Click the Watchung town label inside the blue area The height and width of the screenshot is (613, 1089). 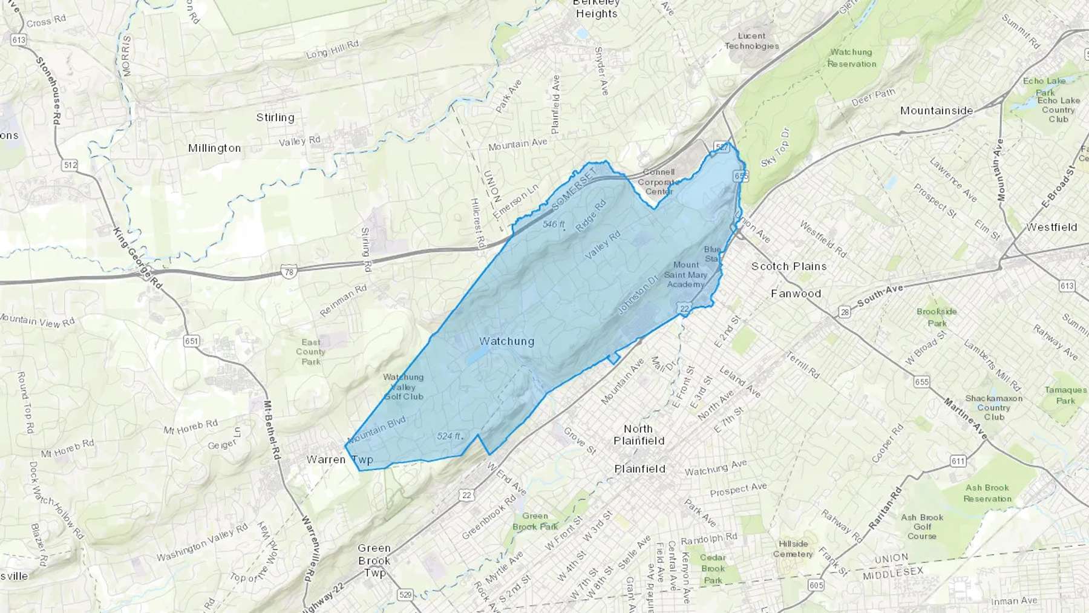tap(506, 341)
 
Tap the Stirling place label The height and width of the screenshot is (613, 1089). tap(275, 117)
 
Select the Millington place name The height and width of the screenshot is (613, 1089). tap(214, 148)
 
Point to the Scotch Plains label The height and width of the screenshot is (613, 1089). tap(789, 266)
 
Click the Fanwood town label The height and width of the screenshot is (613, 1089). tap(796, 293)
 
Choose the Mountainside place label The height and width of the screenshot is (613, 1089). tap(937, 111)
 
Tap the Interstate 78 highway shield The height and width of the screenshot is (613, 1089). tap(289, 272)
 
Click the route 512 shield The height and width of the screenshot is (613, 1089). tap(70, 165)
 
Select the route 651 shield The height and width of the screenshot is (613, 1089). tap(191, 341)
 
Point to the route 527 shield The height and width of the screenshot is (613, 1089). tap(721, 147)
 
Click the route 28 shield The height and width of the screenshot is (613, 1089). tap(844, 312)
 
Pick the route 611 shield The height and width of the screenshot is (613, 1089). tap(958, 461)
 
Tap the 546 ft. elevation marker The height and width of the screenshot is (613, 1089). tap(554, 225)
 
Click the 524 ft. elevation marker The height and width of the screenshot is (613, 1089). tap(449, 436)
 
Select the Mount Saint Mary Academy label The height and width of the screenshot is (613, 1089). tap(685, 275)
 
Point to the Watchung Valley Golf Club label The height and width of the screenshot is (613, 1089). tap(404, 387)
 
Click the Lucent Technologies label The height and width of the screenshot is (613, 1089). tap(751, 41)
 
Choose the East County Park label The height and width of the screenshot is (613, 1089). tap(311, 352)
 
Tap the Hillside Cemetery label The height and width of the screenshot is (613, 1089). tap(793, 549)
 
